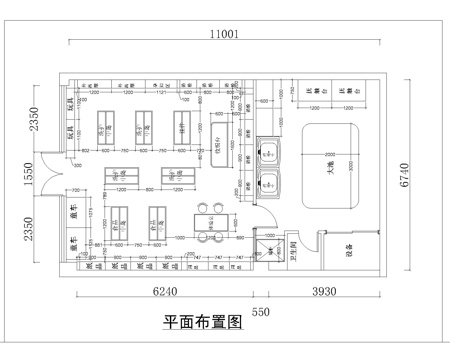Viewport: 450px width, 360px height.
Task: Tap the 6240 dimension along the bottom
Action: (165, 292)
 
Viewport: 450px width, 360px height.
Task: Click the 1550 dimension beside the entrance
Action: (30, 176)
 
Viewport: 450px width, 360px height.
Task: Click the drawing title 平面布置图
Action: (203, 323)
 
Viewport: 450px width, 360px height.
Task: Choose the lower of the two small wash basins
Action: (268, 183)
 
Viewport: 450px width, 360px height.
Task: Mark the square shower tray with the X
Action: (266, 253)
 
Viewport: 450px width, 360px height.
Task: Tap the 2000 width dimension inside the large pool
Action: (329, 153)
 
